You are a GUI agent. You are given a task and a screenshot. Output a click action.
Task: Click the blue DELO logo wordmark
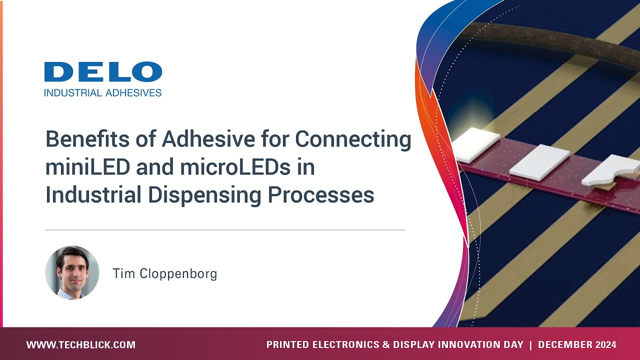(103, 72)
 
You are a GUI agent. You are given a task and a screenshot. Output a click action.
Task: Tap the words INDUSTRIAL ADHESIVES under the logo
(103, 92)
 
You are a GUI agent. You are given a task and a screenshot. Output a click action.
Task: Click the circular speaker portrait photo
(72, 272)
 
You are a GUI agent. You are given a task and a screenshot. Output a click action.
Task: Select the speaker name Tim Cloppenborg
(164, 274)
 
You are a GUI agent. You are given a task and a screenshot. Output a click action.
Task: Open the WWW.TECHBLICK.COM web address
(81, 345)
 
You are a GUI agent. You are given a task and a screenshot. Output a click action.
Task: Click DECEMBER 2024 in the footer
(577, 345)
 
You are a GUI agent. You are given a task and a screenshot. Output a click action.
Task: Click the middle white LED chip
(540, 162)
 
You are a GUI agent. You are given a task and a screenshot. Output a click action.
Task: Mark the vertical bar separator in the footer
(530, 345)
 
